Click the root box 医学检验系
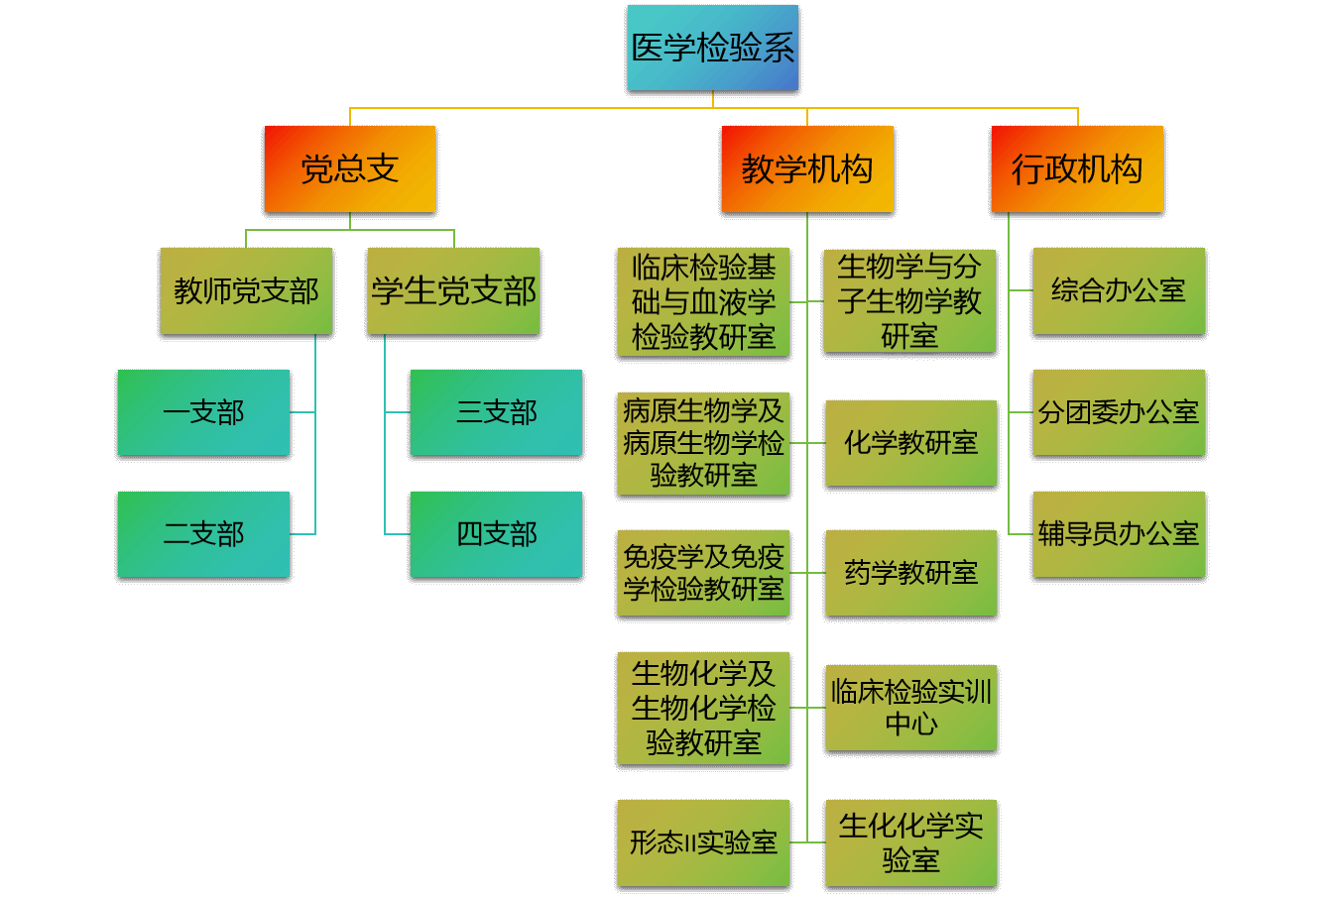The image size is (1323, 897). pos(712,48)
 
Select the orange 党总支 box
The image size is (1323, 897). pos(349,168)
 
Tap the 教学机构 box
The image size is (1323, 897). pos(807,168)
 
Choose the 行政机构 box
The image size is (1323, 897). pos(1077,168)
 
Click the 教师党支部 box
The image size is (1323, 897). pos(246,290)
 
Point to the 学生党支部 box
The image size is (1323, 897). pos(453,290)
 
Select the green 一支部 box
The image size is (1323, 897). pos(203,412)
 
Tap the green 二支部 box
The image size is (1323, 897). pos(203,534)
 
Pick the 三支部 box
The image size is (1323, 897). pos(496,412)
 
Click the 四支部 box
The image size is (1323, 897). pos(496,534)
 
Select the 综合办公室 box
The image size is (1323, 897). pos(1119,290)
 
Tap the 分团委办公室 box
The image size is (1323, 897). pos(1119,412)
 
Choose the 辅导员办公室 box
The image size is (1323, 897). pos(1119,534)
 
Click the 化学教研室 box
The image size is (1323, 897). pos(910,443)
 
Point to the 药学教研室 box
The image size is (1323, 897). pos(910,573)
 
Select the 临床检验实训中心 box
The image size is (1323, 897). pos(910,708)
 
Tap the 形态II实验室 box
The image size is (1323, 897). pos(703,842)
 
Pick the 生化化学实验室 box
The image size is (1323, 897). pos(910,842)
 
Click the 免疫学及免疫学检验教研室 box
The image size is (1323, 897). pos(703,573)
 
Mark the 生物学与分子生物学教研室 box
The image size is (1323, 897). pos(909,300)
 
